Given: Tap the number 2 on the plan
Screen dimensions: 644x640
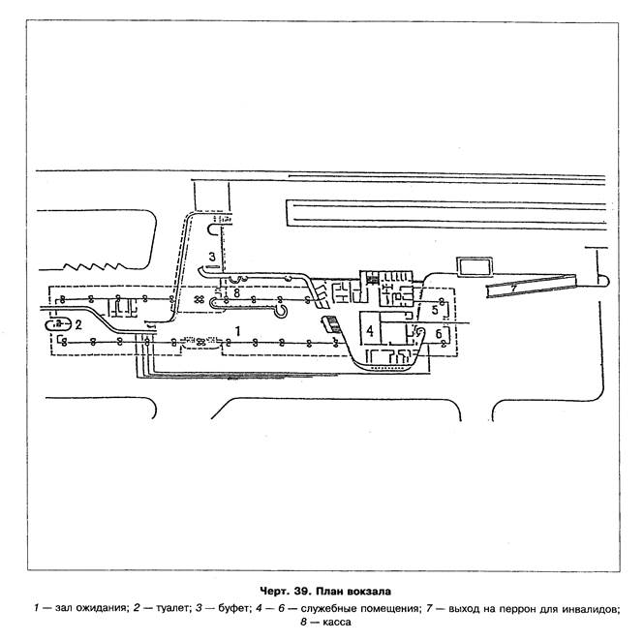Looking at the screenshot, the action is pyautogui.click(x=78, y=324).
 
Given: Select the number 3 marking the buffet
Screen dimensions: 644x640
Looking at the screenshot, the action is pyautogui.click(x=211, y=256).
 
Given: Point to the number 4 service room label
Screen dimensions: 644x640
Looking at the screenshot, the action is pyautogui.click(x=370, y=331).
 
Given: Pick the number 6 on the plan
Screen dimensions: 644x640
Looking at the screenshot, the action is pyautogui.click(x=440, y=334).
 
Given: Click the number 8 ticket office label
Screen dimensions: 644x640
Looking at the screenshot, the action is pyautogui.click(x=235, y=291).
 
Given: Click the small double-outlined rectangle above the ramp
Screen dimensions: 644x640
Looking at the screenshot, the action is pyautogui.click(x=474, y=265).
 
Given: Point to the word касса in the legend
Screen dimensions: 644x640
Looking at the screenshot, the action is pyautogui.click(x=334, y=624).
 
